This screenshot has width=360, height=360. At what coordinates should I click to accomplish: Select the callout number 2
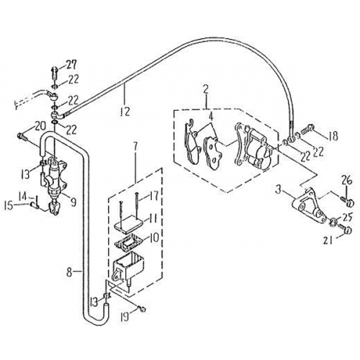click(206, 89)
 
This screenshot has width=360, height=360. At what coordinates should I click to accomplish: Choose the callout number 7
click(133, 148)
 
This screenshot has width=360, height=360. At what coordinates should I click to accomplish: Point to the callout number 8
click(68, 273)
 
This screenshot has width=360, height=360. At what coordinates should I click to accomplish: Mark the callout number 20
click(20, 125)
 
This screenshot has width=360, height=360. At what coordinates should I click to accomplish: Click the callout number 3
click(277, 189)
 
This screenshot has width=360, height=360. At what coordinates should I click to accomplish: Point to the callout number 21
click(347, 240)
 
